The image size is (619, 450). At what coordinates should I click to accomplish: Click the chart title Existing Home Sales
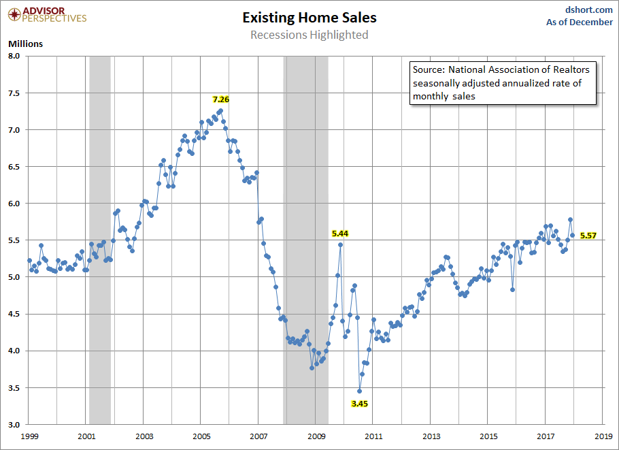click(x=309, y=18)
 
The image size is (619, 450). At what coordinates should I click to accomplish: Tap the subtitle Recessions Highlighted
click(x=309, y=35)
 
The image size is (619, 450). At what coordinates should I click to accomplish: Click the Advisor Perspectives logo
click(x=45, y=14)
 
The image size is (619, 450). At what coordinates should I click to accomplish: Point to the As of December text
click(x=579, y=22)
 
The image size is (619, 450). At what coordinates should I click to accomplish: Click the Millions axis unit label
click(x=25, y=44)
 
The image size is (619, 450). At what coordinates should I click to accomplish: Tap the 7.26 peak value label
click(x=220, y=99)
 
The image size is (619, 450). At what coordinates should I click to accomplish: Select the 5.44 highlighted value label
click(x=340, y=233)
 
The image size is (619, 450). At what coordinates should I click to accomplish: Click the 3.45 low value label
click(x=359, y=404)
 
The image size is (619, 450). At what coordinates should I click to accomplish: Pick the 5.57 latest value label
click(x=588, y=236)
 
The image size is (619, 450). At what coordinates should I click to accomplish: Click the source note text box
click(x=502, y=83)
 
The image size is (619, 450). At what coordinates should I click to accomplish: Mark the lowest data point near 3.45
click(x=360, y=391)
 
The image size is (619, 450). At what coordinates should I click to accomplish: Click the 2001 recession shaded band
click(x=100, y=238)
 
